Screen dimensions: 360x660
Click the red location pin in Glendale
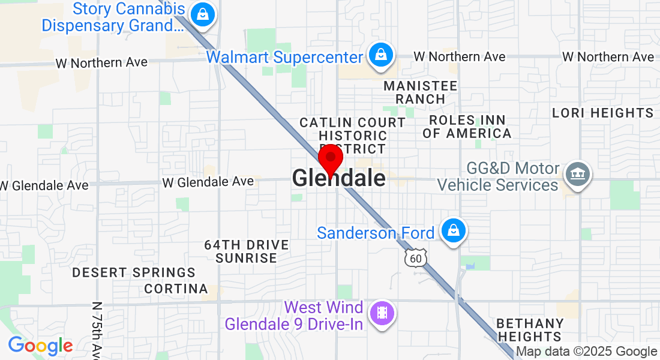pos(330,159)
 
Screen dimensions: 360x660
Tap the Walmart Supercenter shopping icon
pos(380,55)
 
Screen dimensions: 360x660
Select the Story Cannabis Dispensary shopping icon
pos(203,13)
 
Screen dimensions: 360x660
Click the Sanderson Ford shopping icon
pos(454,230)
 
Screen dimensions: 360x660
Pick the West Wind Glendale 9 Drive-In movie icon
pos(382,313)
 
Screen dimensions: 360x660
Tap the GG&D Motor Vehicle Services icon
pos(577,175)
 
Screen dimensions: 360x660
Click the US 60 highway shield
pos(415,257)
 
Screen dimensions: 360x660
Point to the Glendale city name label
pos(339,178)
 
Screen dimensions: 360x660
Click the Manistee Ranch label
pos(420,92)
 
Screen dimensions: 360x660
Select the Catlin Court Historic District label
pos(353,136)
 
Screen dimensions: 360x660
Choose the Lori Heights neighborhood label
pos(602,113)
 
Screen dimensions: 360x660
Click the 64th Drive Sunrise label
pos(247,251)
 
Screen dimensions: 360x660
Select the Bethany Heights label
pos(530,330)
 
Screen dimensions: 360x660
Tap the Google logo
pos(40,346)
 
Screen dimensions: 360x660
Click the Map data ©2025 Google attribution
pos(587,352)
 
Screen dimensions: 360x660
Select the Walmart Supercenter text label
pos(284,57)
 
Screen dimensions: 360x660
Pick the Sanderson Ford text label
pos(376,233)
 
